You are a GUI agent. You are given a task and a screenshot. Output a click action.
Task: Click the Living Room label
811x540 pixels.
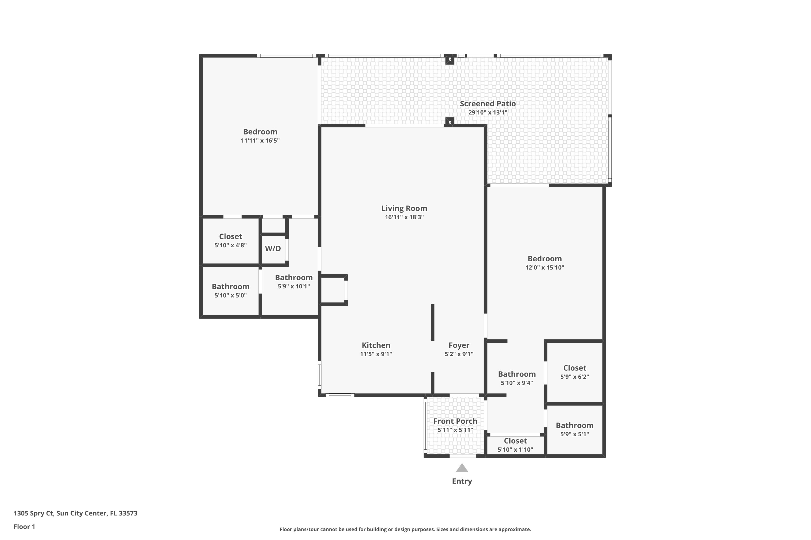pos(404,208)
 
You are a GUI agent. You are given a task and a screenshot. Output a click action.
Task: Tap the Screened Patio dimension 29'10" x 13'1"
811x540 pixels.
pos(488,113)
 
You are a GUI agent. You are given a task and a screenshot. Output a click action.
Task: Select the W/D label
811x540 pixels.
pos(273,248)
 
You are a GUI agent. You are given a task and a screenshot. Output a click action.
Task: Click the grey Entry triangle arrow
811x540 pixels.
pos(462,468)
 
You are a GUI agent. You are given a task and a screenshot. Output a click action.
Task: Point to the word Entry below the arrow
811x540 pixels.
pos(462,481)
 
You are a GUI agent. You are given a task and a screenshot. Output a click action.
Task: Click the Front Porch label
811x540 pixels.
pos(455,421)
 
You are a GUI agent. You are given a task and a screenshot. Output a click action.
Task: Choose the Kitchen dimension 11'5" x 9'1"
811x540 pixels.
pos(376,354)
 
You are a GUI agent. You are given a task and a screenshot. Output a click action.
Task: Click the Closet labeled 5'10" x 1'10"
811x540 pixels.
pos(515,441)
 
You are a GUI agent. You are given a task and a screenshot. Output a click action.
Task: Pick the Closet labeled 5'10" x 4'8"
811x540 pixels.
pos(230,237)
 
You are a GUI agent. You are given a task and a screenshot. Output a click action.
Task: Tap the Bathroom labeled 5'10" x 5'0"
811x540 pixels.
pos(230,286)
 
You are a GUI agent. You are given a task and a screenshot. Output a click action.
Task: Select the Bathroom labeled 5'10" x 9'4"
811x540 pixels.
pos(517,374)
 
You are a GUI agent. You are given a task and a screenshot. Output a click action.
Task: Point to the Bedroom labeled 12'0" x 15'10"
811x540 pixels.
pos(544,259)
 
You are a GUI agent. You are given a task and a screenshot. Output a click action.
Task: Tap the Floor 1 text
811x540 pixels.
pos(24,526)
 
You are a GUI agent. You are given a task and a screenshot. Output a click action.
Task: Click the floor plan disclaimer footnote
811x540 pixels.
pos(405,529)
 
